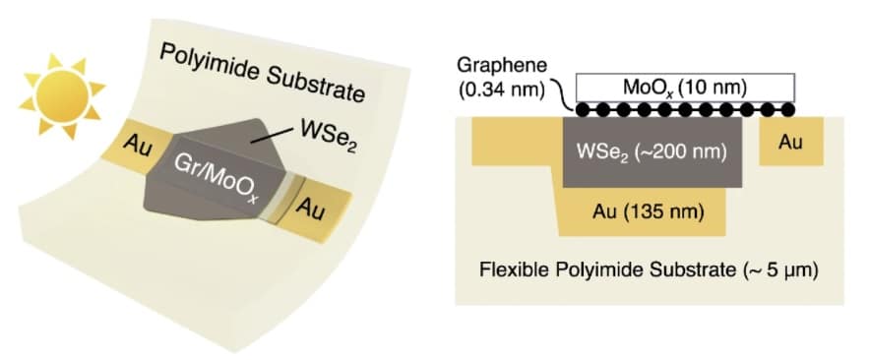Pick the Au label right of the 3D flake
[314, 209]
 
